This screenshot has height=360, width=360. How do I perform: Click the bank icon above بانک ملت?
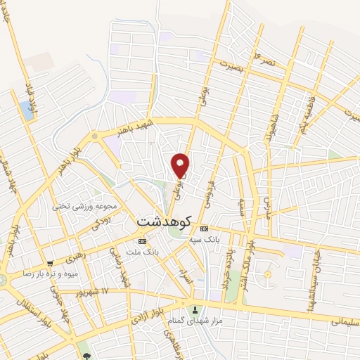[x=142, y=241]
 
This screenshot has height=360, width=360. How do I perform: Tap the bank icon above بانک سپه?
[x=204, y=229]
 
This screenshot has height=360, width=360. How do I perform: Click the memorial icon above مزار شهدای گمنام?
[x=196, y=310]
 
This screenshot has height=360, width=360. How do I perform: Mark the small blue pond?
[x=27, y=109]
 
